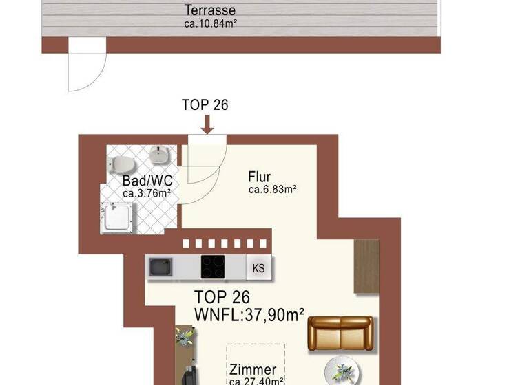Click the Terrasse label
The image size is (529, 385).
210,11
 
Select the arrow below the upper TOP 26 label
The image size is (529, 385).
206,124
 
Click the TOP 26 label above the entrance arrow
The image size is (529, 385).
205,105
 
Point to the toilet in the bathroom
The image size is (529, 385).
120,164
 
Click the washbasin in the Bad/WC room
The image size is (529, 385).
159,155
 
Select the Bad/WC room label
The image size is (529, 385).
147,181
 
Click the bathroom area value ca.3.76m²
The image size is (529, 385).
147,193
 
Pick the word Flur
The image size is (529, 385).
260,177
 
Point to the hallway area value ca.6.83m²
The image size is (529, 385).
272,190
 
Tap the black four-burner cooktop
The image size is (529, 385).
212,266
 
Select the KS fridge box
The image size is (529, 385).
259,267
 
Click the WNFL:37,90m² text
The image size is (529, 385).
249,315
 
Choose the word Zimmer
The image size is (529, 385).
253,370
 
